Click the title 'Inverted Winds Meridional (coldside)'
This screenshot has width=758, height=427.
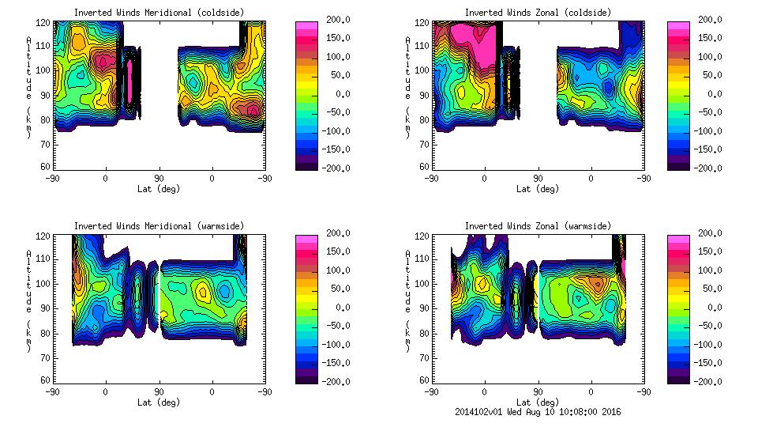[159, 12]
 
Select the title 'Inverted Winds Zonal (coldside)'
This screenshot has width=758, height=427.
[538, 12]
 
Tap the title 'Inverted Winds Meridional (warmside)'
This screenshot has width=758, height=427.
[159, 226]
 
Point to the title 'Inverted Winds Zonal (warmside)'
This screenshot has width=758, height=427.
[538, 226]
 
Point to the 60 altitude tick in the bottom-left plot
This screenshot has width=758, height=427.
[46, 380]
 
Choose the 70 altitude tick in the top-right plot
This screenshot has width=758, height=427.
[425, 143]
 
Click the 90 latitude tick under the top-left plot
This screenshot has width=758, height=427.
[159, 179]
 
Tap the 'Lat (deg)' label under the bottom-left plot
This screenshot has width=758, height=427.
[159, 402]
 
